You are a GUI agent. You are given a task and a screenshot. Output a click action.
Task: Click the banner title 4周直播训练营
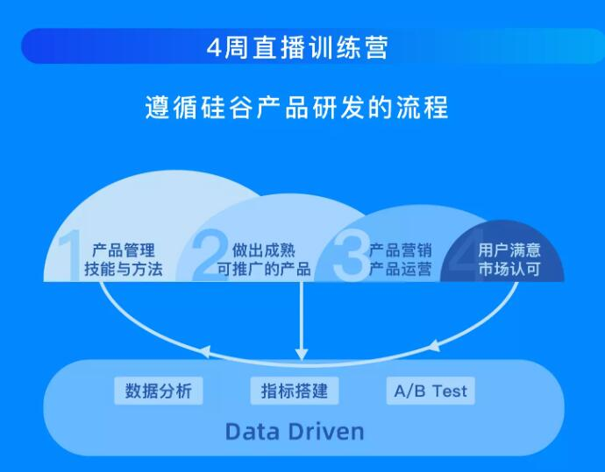[297, 47]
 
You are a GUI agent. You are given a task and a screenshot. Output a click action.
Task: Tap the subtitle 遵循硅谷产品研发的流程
[296, 107]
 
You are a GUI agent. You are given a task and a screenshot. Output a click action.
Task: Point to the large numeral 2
[210, 256]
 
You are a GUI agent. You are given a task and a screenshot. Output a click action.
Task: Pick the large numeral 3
[351, 256]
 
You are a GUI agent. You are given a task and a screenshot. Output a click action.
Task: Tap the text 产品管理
[124, 250]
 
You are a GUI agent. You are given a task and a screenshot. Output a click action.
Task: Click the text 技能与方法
[124, 269]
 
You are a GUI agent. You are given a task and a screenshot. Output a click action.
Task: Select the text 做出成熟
[264, 250]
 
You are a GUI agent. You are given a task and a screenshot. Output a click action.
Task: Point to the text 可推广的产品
[264, 269]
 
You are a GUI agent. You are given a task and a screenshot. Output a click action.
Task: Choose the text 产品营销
[400, 250]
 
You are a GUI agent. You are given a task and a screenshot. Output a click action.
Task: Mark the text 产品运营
[400, 269]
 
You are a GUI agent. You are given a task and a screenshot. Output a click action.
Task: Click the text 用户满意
[509, 250]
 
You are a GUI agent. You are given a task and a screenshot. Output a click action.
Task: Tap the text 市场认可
[509, 269]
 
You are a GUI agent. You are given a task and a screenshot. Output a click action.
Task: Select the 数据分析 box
[159, 391]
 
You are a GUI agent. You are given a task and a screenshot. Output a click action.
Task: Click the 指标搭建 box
[295, 391]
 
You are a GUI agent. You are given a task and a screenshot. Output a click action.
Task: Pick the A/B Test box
[431, 391]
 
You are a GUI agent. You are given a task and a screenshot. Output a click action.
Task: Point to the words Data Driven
[295, 432]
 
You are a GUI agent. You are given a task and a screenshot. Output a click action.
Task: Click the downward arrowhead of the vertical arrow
[302, 355]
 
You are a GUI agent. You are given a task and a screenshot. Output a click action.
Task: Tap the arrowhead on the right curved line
[435, 346]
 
